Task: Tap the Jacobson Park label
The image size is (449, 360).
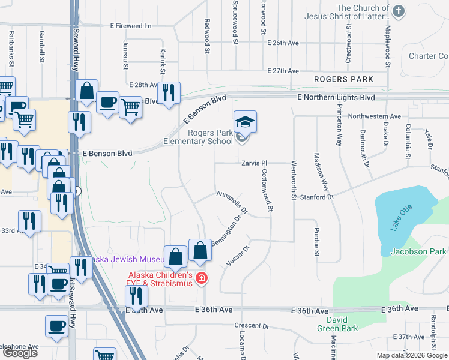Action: click(x=418, y=251)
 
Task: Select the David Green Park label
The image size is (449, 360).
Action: click(x=337, y=324)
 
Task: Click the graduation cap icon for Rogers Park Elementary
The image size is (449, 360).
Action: click(x=245, y=122)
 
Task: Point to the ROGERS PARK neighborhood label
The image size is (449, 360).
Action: click(x=343, y=79)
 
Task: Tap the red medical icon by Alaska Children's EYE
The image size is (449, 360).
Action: click(x=202, y=278)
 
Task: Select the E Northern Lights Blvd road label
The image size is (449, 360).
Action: click(x=336, y=97)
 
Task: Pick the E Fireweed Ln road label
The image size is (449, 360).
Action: click(x=131, y=26)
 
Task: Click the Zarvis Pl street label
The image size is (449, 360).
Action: click(x=254, y=163)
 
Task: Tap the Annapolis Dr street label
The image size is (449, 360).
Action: click(x=232, y=202)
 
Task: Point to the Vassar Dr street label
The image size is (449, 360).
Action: click(x=238, y=256)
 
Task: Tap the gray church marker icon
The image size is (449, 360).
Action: click(x=398, y=11)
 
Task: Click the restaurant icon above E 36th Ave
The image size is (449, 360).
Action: click(x=136, y=295)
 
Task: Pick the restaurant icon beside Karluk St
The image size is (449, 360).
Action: click(x=169, y=92)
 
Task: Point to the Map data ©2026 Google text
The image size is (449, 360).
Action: click(x=412, y=355)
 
